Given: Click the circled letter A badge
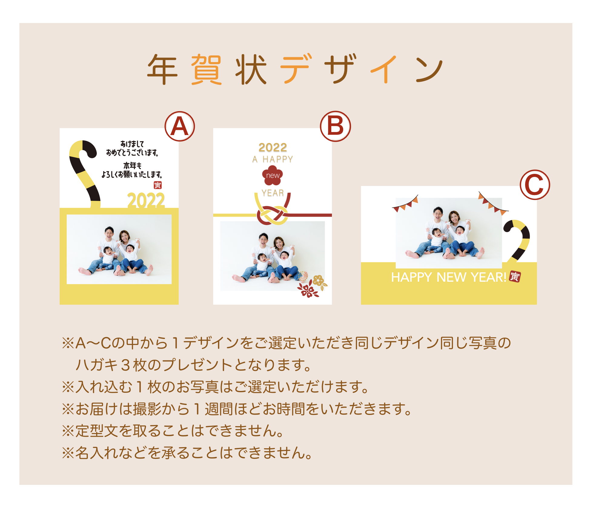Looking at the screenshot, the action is pos(180,126).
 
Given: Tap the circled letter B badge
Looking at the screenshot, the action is pos(335,126).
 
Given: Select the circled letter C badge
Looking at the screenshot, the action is pos(535,184).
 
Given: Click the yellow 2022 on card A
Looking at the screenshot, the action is pos(146,200).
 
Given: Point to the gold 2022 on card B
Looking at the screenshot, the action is pos(273,147).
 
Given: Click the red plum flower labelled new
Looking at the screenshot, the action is pos(273,175).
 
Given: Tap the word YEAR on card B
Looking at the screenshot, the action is pos(273,193).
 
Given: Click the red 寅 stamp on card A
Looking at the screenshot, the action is pos(157,185).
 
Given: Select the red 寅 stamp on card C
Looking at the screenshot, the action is pos(515,277).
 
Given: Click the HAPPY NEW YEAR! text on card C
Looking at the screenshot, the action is pos(449,277).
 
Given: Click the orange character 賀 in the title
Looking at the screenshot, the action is pos(206,69).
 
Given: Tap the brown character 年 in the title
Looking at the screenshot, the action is pos(162,69).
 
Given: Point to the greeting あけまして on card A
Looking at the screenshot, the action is pos(132,144).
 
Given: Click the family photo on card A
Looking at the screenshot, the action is pos(119,249).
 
